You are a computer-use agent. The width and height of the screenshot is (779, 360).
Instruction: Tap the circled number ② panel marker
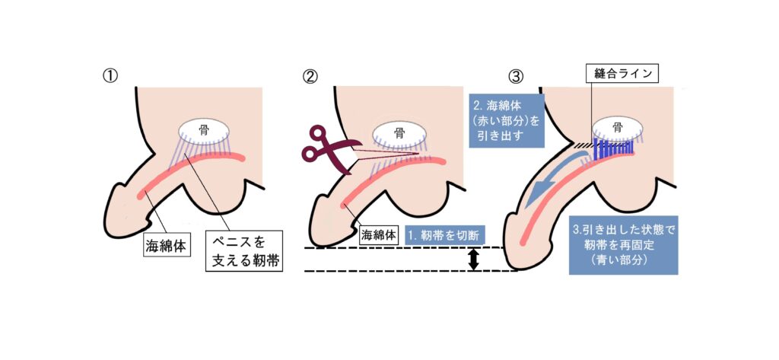pos(310,77)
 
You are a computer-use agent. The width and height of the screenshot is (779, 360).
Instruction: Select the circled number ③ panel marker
pos(517,77)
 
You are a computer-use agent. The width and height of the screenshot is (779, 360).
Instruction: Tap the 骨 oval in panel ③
pos(617,128)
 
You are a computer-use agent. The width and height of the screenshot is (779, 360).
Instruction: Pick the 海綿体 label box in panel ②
pos(379,234)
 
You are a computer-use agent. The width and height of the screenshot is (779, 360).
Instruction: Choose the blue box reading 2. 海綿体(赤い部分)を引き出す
pos(505,120)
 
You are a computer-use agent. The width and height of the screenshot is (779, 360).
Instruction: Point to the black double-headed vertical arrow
pos(473,260)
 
